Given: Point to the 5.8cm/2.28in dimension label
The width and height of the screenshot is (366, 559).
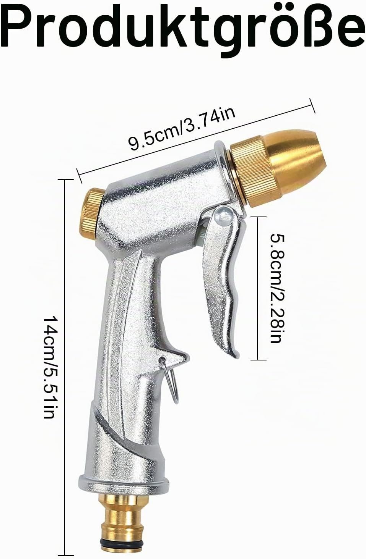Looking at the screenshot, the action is (277, 288).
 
